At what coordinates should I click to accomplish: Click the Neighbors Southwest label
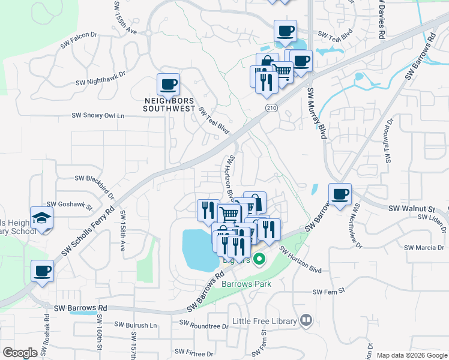tap(169, 104)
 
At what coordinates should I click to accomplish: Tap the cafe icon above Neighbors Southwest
tap(168, 83)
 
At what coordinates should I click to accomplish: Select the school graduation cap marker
tap(42, 217)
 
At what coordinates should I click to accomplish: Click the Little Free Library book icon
tap(307, 320)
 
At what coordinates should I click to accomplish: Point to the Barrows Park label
tap(247, 284)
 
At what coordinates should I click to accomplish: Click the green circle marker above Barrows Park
tap(259, 260)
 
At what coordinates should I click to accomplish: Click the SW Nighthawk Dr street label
tap(100, 79)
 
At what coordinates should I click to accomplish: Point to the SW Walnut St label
tap(411, 208)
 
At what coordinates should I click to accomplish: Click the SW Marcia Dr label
tap(424, 247)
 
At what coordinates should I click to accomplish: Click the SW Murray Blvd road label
tap(316, 113)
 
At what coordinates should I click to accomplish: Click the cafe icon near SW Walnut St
tap(340, 194)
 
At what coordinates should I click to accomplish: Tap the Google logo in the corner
tap(20, 353)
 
